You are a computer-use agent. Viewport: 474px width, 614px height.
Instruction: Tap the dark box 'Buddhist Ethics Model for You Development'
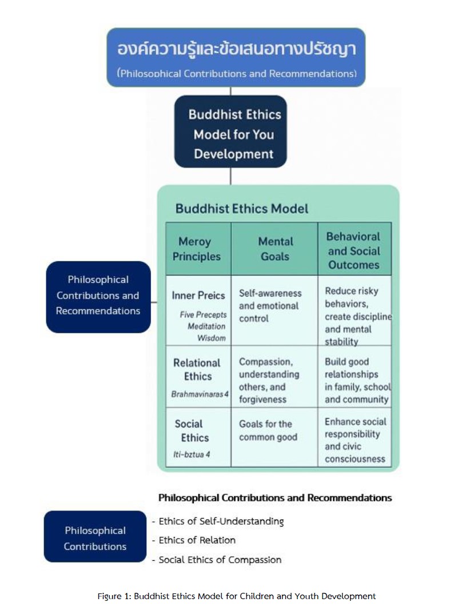coord(230,134)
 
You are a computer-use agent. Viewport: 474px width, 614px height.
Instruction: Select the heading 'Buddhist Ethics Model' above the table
coord(241,209)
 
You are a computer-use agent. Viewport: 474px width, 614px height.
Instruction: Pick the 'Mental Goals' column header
coord(275,249)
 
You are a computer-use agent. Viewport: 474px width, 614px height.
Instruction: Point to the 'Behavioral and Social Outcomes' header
coord(354,250)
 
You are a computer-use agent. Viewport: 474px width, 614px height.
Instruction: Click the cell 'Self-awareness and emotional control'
coord(269,306)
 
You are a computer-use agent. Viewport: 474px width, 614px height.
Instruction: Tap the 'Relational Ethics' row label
coord(197,369)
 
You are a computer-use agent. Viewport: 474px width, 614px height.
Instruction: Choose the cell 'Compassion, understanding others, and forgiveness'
coord(269,381)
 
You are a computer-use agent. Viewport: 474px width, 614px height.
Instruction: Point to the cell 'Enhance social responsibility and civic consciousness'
coord(355,440)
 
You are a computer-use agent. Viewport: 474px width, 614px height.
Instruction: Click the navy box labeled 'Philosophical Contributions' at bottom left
coord(95,538)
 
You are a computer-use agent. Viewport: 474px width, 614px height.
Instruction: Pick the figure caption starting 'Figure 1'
coord(237,596)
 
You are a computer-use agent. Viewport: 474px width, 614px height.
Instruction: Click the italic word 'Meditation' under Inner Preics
coord(206,326)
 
